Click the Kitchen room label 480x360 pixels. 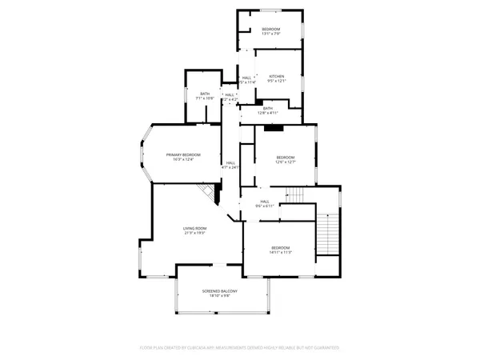tap(277, 76)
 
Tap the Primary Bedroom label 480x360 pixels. tap(182, 154)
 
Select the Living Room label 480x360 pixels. tap(190, 228)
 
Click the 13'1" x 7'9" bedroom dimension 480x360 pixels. tap(271, 34)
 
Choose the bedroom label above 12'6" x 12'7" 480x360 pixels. tap(286, 158)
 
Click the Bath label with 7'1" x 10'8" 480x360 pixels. tap(205, 94)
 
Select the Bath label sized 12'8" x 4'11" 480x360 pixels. tap(267, 108)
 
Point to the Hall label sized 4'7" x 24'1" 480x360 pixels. tap(230, 163)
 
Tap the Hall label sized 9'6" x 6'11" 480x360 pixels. tap(264, 202)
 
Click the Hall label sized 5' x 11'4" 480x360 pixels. tap(246, 78)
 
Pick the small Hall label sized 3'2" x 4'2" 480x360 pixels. tap(230, 95)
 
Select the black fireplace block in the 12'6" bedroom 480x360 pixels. tap(274, 127)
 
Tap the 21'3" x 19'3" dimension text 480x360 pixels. tap(190, 233)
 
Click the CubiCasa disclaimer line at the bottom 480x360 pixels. tap(240, 347)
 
